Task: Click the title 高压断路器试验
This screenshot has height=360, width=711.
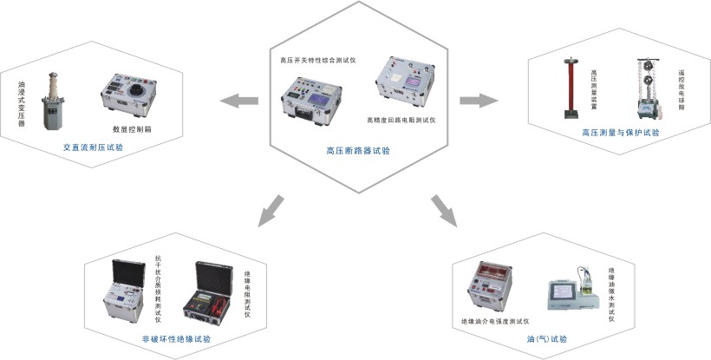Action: pyautogui.click(x=357, y=150)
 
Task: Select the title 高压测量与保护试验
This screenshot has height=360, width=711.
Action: pyautogui.click(x=620, y=133)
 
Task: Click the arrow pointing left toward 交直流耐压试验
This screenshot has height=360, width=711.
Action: pyautogui.click(x=238, y=102)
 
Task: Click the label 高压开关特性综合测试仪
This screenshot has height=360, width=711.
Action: pyautogui.click(x=318, y=61)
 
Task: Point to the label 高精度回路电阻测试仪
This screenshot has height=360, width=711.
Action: pyautogui.click(x=400, y=119)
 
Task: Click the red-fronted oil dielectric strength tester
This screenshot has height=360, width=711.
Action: pyautogui.click(x=489, y=287)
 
